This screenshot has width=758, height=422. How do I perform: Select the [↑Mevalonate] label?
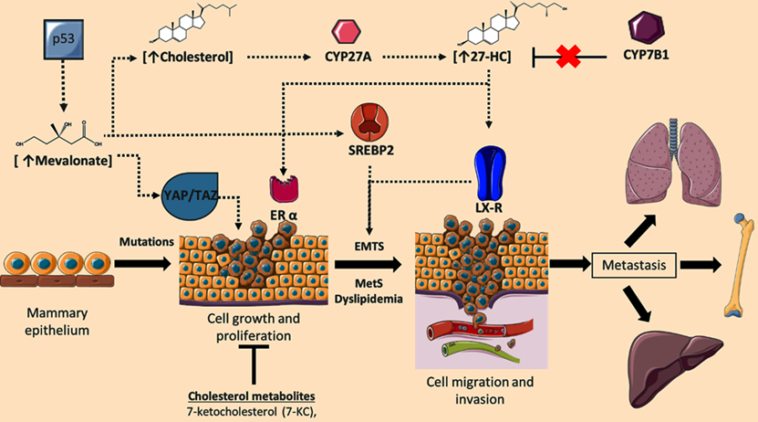coord(64,162)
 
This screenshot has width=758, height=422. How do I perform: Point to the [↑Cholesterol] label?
coord(189,58)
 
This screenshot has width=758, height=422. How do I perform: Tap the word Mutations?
coord(146,243)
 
